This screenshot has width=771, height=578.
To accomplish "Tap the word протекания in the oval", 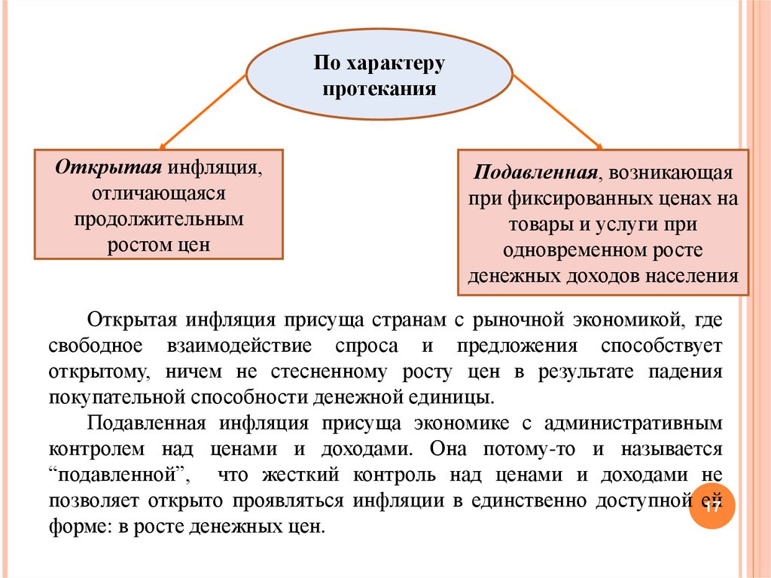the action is click(379, 89).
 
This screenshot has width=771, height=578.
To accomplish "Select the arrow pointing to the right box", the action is click(558, 111).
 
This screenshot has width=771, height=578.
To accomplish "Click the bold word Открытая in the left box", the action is click(108, 167).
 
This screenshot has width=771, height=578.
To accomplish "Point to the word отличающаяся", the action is click(159, 193).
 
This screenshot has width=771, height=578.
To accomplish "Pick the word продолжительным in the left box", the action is click(159, 219).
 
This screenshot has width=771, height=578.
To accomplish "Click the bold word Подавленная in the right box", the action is click(535, 173).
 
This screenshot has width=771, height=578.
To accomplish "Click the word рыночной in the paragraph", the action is click(519, 320).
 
